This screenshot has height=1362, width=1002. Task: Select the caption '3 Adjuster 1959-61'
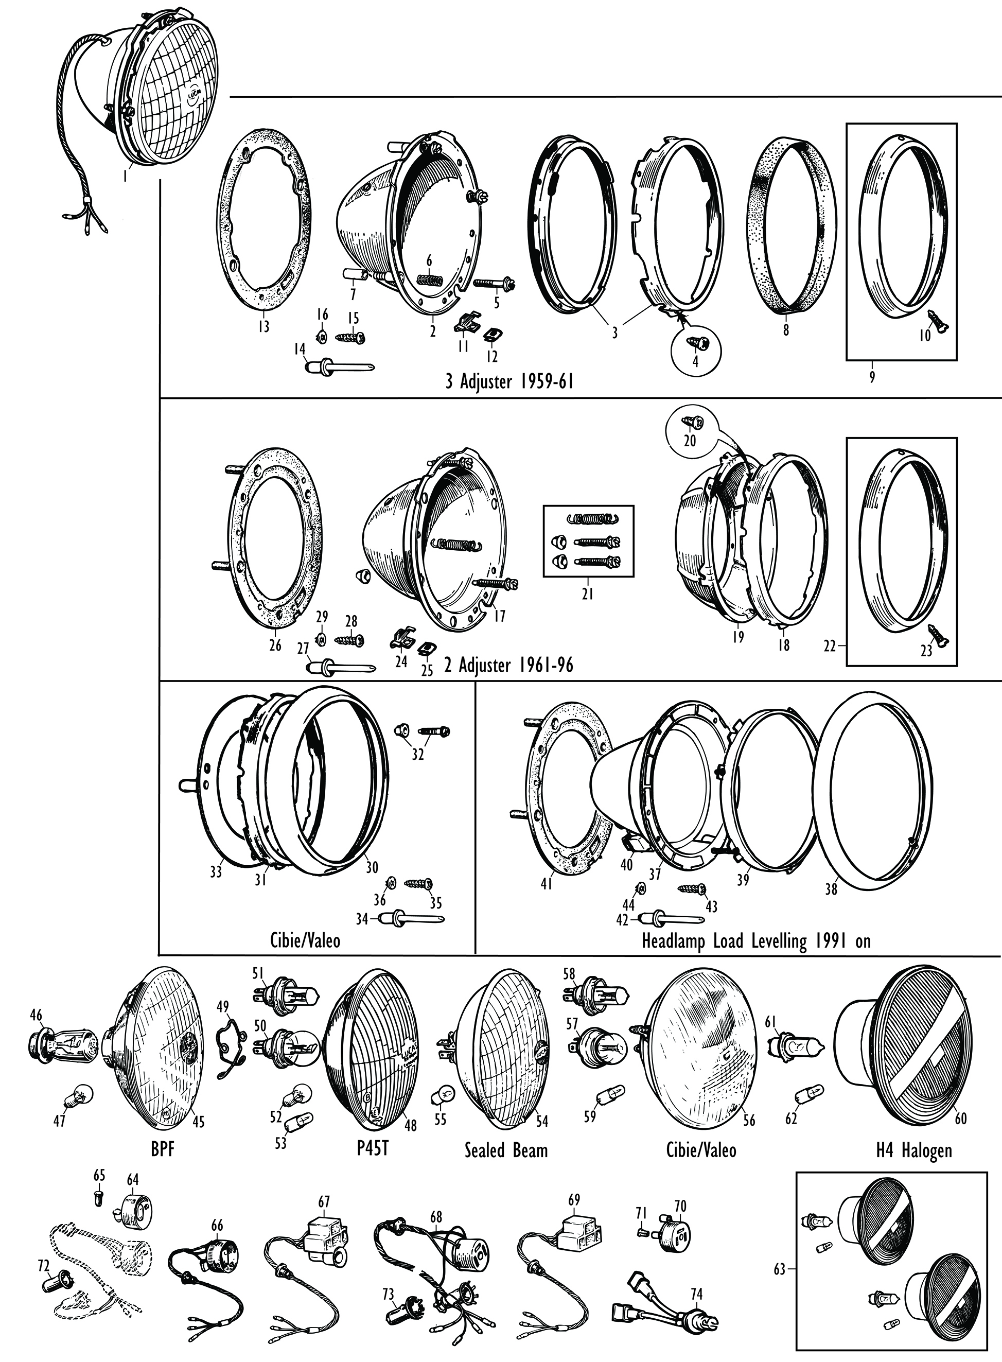(509, 382)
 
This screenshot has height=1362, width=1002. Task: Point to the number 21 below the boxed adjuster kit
(587, 594)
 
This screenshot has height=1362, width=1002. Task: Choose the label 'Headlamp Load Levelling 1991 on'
(755, 941)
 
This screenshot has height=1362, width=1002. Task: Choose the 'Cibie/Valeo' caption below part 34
(305, 941)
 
